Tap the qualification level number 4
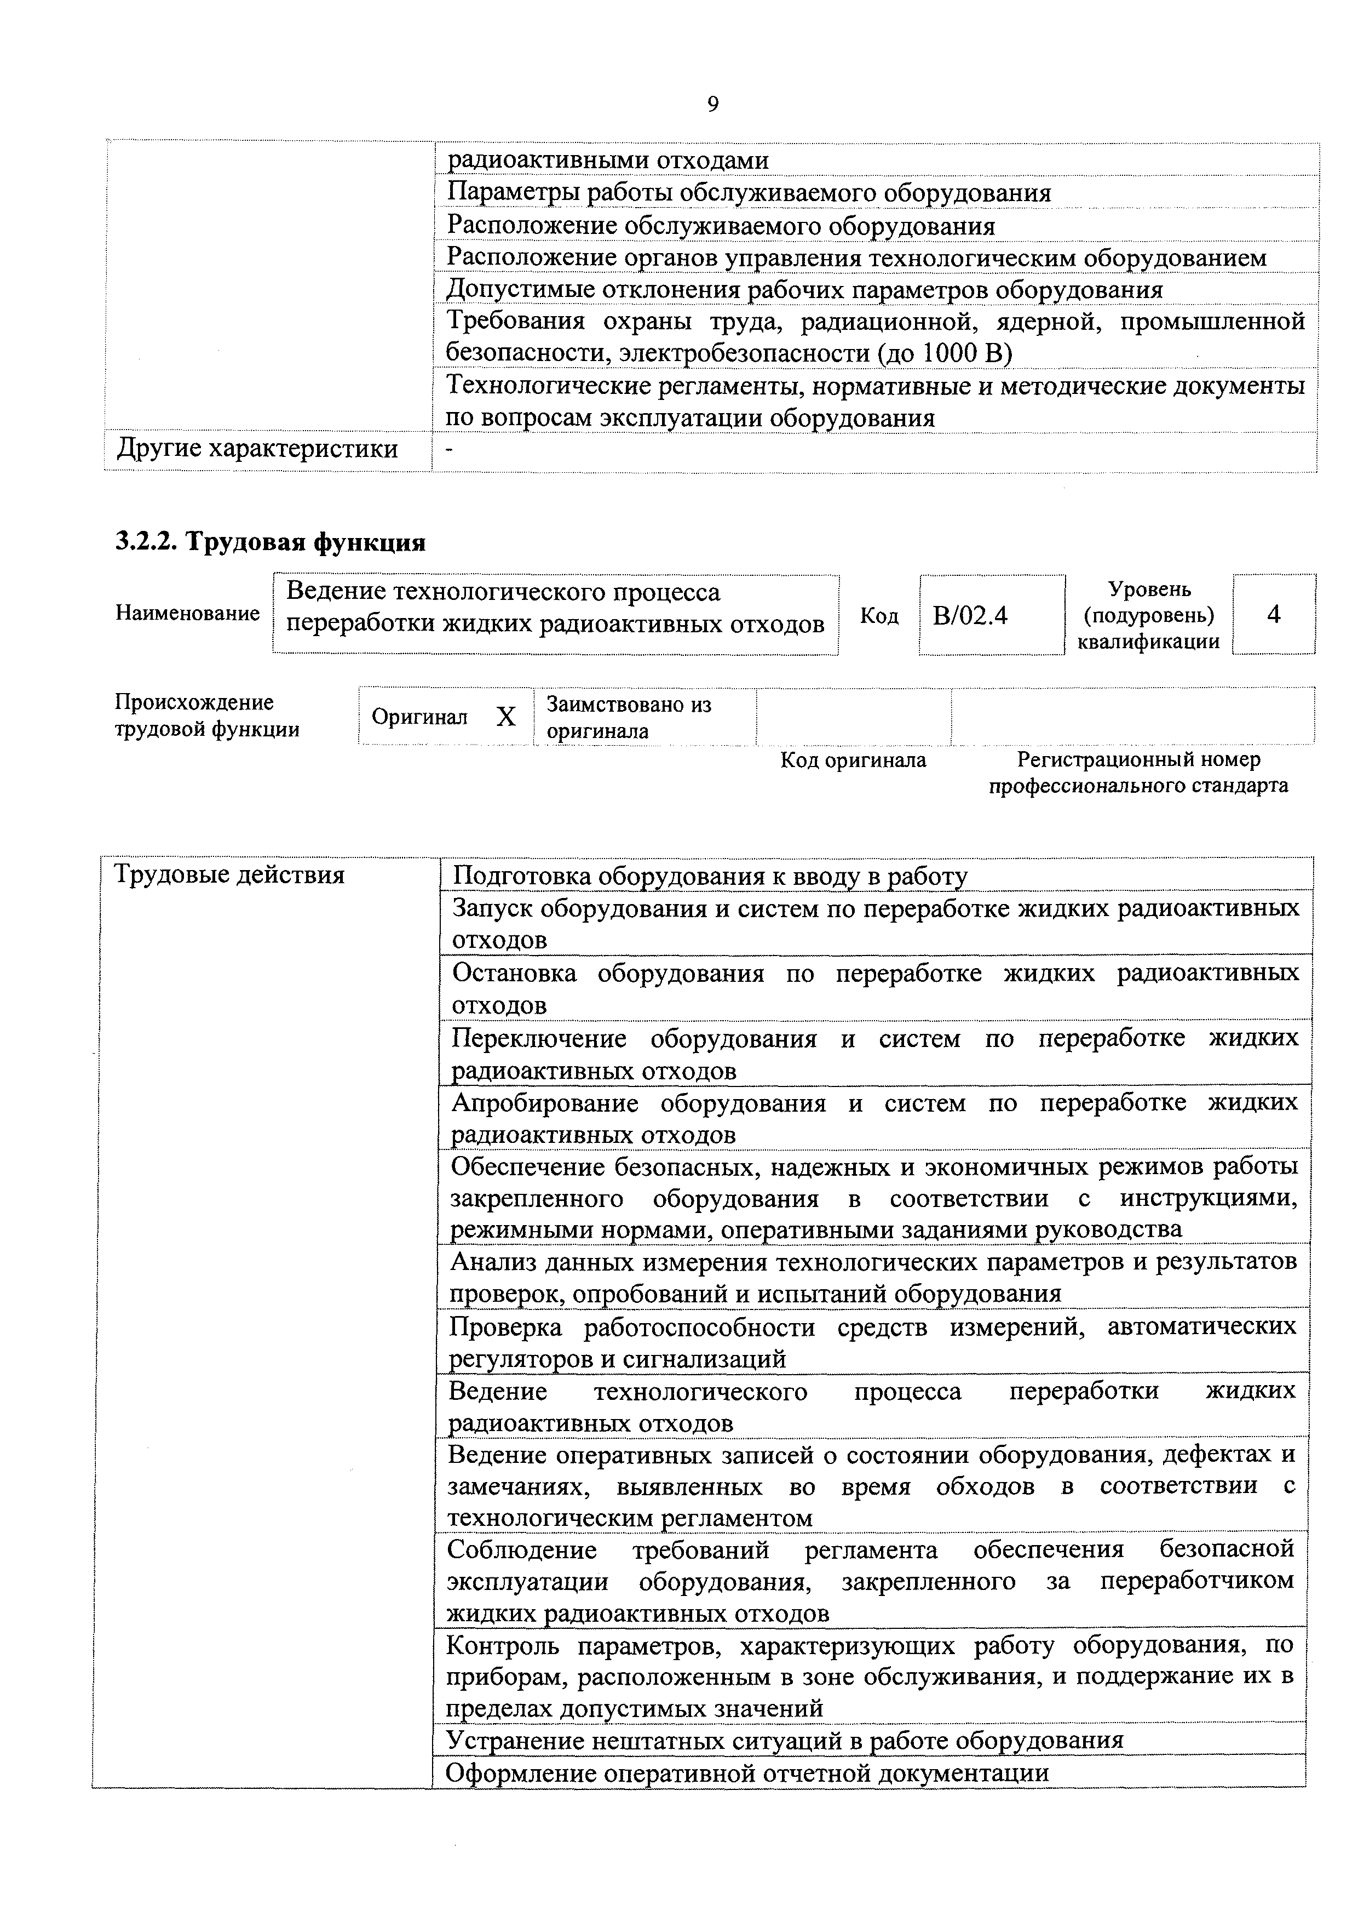point(1274,614)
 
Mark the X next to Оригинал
point(505,717)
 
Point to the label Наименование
point(187,614)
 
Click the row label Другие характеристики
point(257,449)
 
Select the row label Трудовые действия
point(228,875)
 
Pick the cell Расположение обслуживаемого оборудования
point(721,226)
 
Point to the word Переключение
point(540,1038)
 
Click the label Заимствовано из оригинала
point(629,717)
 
